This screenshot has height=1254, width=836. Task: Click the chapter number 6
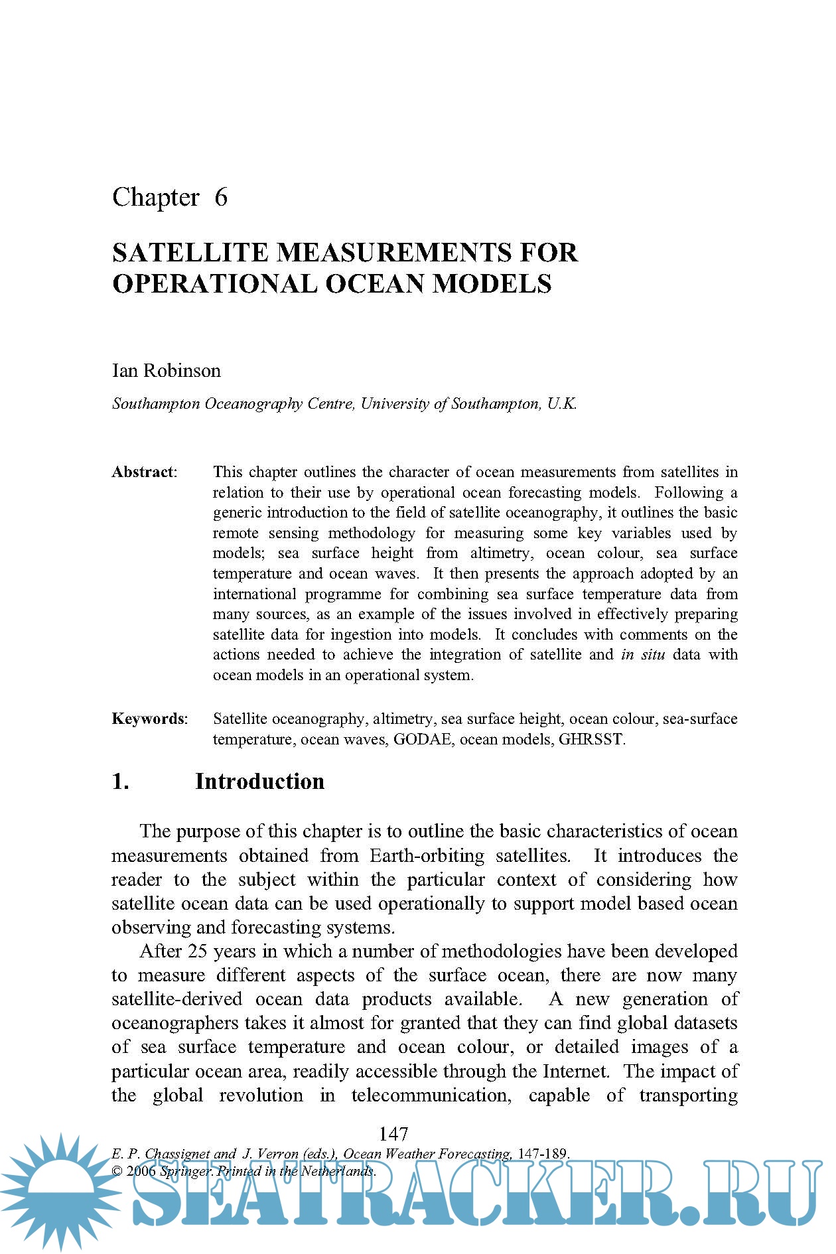221,197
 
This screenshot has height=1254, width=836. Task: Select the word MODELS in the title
492,284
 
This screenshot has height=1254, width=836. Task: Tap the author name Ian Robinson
166,370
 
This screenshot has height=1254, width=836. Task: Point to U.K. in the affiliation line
562,403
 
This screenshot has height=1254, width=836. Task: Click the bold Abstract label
143,472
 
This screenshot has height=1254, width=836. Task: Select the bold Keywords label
149,719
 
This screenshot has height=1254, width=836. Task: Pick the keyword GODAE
422,739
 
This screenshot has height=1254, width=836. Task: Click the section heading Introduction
259,782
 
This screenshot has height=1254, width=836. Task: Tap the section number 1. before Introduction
120,782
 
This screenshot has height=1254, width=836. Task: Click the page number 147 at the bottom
393,1134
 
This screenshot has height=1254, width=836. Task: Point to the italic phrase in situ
643,655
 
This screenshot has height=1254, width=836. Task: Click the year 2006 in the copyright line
141,1171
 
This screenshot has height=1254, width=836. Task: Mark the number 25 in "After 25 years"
198,951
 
